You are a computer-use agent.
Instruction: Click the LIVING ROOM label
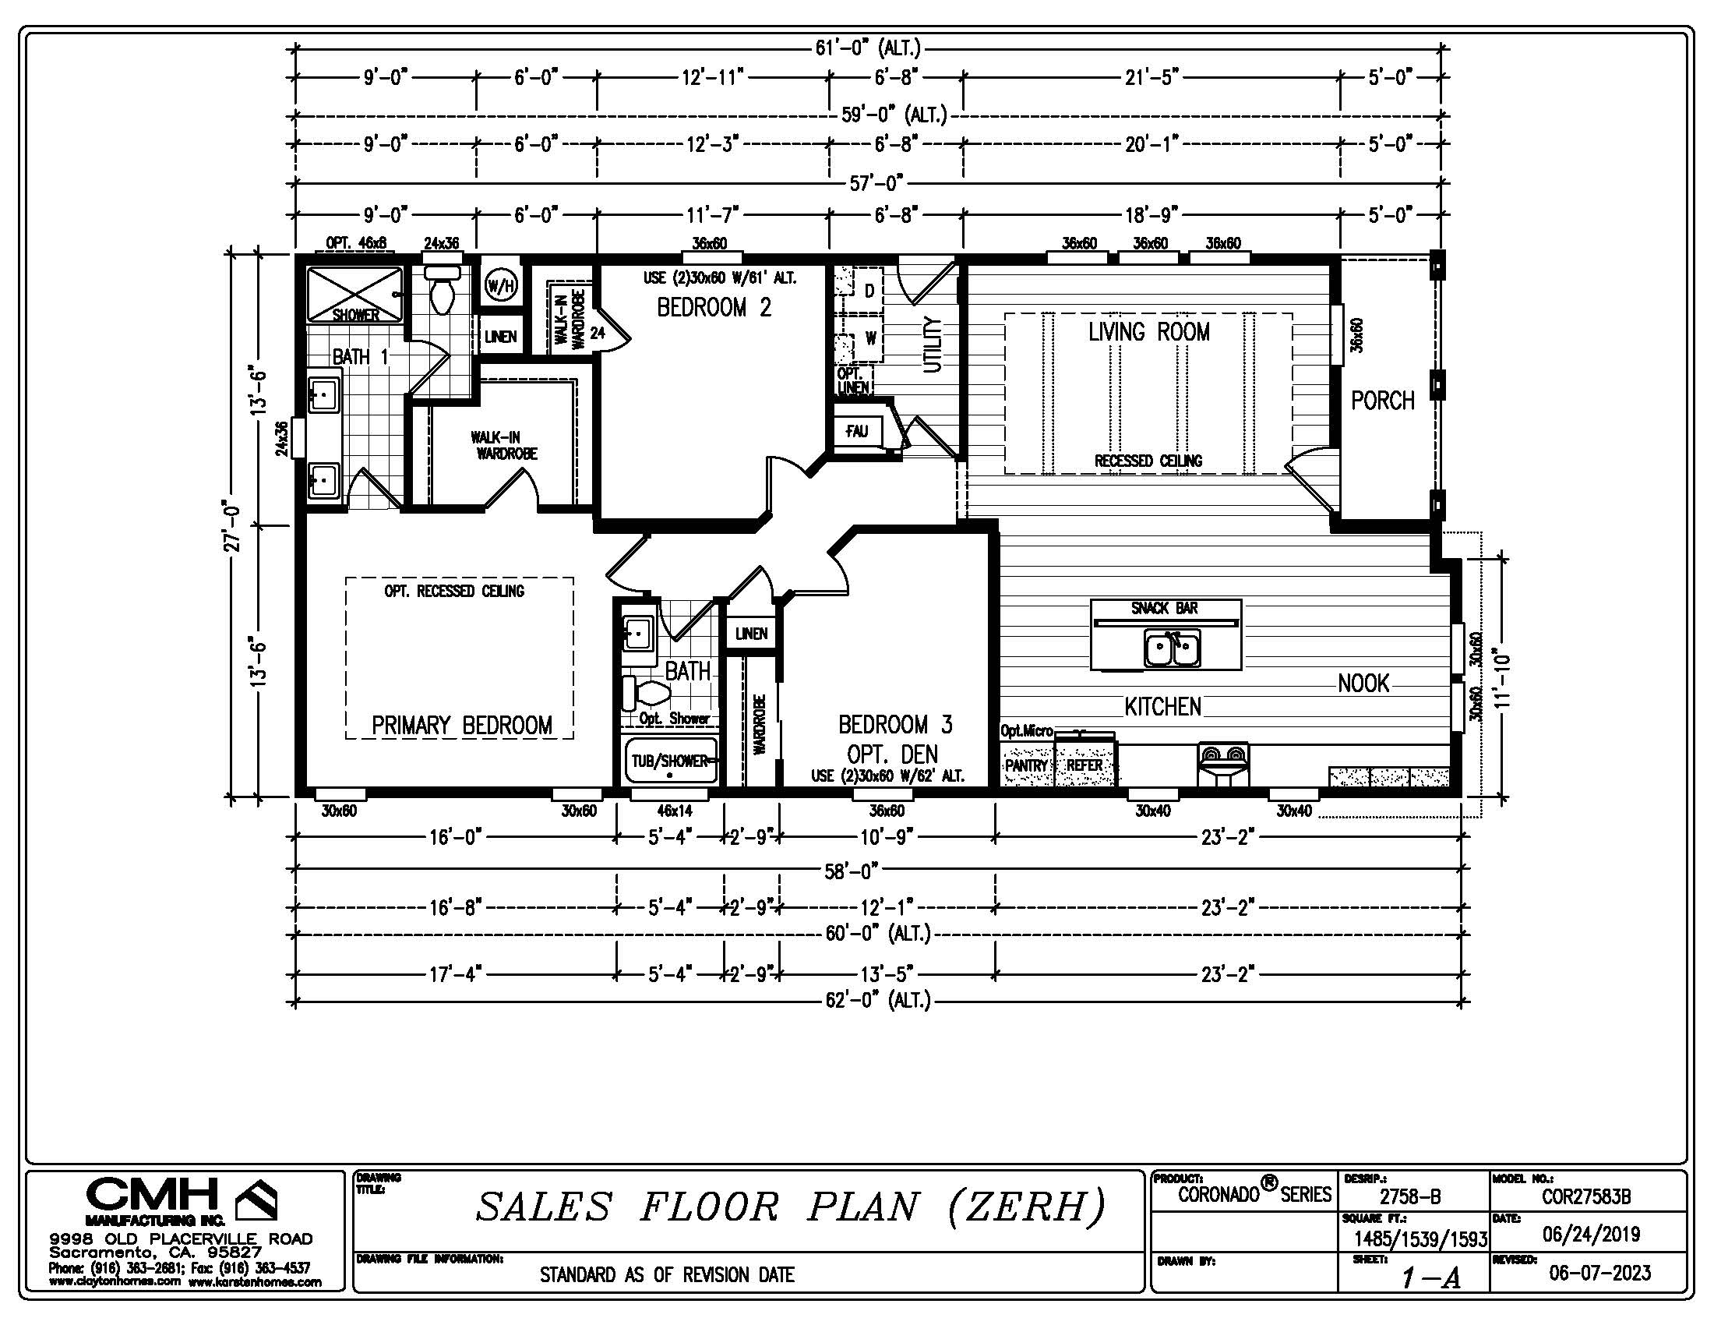pos(1149,332)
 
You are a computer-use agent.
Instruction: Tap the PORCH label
pos(1383,401)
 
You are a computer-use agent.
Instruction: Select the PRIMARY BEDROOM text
pos(461,725)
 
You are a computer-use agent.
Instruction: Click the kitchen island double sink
pos(1172,649)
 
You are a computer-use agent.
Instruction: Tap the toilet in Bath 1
pos(443,288)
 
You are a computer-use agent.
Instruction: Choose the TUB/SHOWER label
pos(669,761)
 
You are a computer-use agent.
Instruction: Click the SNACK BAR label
pos(1165,609)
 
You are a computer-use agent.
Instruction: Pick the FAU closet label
pos(856,431)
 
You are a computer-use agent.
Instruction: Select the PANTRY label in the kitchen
pos(1027,765)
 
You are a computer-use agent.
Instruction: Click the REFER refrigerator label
pos(1084,765)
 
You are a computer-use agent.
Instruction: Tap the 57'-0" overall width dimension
pos(877,184)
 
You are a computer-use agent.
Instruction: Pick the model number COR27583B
pos(1586,1197)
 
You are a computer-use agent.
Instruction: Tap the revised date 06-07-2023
pos(1599,1273)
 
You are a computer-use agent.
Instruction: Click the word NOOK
pos(1364,684)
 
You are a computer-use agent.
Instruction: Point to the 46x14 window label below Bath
pos(675,811)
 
